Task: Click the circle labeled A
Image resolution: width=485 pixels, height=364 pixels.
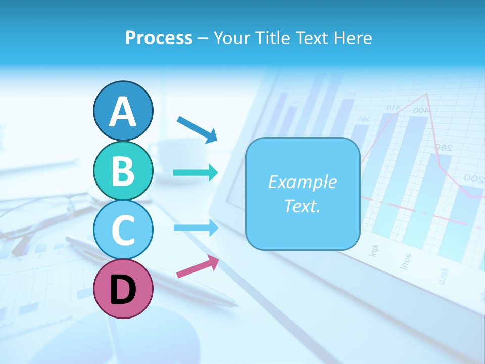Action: click(x=123, y=111)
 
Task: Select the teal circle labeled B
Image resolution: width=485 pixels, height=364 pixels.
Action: click(x=123, y=171)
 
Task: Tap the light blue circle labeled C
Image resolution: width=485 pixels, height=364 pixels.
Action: click(x=123, y=230)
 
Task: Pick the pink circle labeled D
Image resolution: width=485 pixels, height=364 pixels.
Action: click(x=123, y=289)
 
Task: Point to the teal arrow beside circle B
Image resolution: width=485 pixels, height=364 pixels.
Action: click(x=196, y=173)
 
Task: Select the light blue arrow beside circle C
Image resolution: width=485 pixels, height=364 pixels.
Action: click(x=196, y=228)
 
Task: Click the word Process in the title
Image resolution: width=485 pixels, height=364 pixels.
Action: click(x=159, y=38)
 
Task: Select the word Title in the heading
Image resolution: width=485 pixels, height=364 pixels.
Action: click(x=269, y=38)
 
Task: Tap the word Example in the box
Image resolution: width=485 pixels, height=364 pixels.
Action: click(x=302, y=182)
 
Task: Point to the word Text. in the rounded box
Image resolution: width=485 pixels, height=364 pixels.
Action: click(x=302, y=206)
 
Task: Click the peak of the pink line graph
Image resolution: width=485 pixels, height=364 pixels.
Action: click(x=428, y=94)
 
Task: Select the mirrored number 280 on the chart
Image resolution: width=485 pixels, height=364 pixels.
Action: click(x=443, y=148)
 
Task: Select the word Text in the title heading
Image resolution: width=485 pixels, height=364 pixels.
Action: click(x=310, y=38)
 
